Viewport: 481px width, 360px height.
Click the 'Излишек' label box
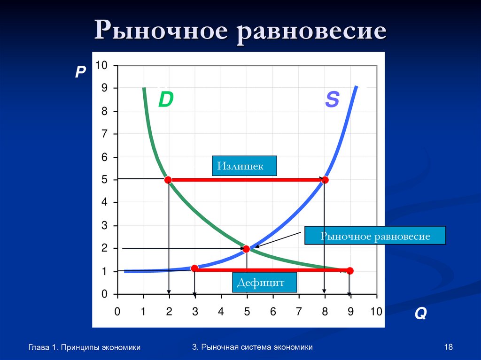point(244,166)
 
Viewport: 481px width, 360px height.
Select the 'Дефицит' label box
point(265,283)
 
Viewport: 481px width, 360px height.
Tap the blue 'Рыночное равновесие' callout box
point(375,236)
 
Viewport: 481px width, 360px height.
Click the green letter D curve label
point(166,100)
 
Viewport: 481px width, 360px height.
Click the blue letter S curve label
point(332,100)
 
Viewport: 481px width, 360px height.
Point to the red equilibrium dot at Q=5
point(247,249)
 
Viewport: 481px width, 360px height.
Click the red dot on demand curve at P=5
point(168,180)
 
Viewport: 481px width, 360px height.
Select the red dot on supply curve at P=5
point(325,180)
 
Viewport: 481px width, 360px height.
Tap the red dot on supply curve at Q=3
point(194,268)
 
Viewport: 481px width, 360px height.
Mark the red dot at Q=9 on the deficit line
point(349,270)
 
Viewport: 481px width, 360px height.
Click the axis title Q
point(420,314)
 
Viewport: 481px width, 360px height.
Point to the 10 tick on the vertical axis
point(101,65)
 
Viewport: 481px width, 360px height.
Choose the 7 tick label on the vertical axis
point(104,134)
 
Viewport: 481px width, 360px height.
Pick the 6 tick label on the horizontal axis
point(272,311)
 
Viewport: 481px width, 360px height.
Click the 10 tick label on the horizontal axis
point(376,311)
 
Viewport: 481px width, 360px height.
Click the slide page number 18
point(448,347)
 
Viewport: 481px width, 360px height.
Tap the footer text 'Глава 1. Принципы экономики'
point(85,347)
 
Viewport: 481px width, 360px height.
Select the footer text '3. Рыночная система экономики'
point(252,347)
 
